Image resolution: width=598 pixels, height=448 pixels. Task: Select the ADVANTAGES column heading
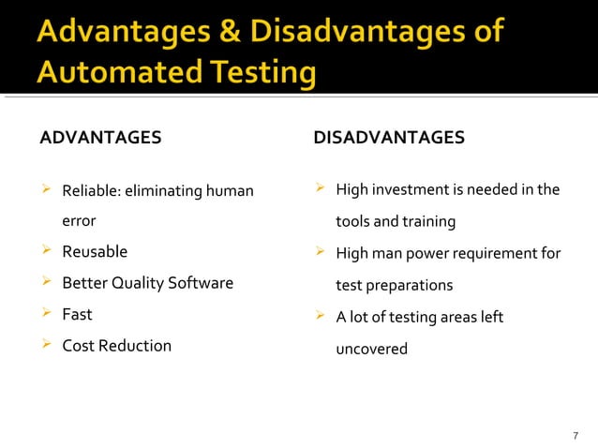(x=100, y=139)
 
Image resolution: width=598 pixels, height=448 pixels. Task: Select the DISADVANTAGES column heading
(x=389, y=139)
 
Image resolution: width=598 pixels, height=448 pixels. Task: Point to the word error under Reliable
(x=79, y=222)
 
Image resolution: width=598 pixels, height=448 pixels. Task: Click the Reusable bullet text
(x=95, y=252)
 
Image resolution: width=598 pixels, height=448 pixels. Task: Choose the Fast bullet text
(x=77, y=314)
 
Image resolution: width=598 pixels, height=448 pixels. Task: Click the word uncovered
(x=372, y=349)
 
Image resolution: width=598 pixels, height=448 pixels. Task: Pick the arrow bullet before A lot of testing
(x=320, y=316)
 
